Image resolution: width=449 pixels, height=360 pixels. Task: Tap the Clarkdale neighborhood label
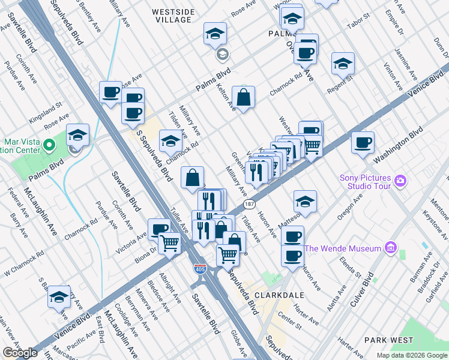(x=279, y=296)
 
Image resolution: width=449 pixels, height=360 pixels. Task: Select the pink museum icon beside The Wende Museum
(x=390, y=248)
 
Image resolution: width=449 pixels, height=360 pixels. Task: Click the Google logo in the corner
(x=20, y=353)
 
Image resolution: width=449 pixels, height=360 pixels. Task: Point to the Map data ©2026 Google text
(x=411, y=355)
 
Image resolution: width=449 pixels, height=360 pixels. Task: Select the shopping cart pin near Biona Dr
(x=170, y=244)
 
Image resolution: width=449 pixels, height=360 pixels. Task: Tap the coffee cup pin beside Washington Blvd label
(x=363, y=143)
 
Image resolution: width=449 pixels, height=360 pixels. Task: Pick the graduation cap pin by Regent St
(x=342, y=64)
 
